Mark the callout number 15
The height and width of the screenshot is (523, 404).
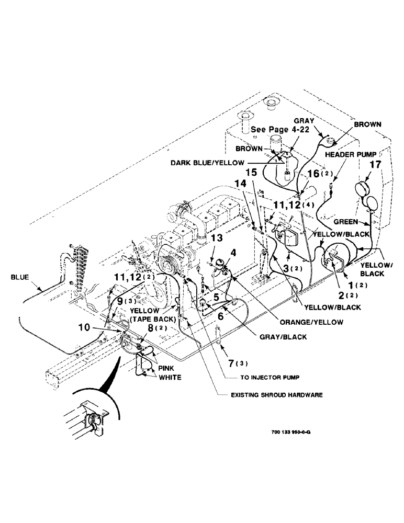point(252,172)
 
